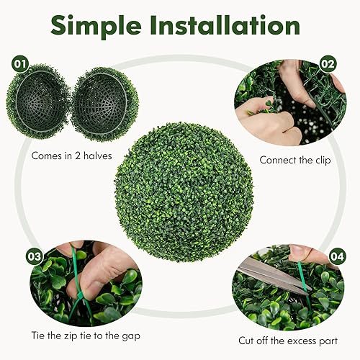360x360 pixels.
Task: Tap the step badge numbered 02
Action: (328, 63)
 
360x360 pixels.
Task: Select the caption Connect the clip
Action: (294, 160)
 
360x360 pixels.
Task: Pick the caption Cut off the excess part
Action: (287, 340)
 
